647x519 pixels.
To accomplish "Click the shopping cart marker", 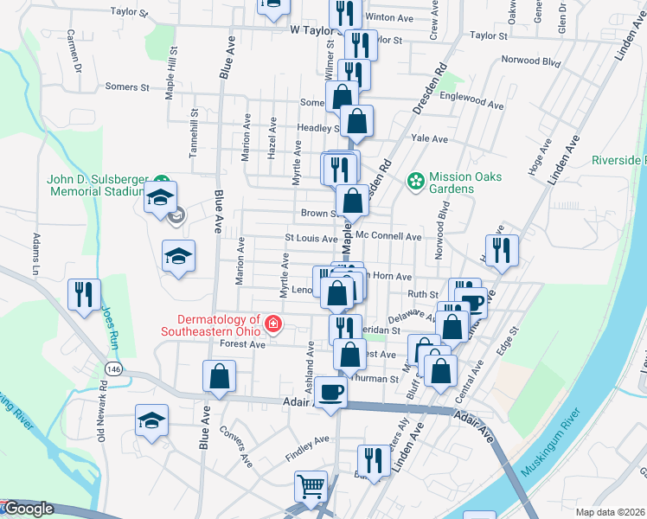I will point(311,486).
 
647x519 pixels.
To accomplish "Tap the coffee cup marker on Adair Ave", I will point(331,393).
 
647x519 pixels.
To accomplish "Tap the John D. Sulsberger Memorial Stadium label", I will point(95,184).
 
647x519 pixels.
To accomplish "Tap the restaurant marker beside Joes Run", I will point(85,295).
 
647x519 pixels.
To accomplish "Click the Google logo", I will point(28,509).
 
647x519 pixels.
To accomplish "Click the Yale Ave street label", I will point(430,138).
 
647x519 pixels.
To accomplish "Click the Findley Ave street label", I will point(309,439).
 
